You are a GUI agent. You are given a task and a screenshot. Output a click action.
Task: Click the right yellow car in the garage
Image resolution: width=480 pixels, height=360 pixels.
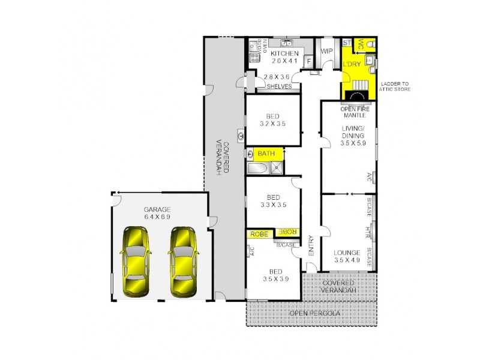(x=182, y=263)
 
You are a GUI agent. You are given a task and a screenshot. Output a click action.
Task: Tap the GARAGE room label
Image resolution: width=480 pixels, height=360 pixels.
(x=158, y=209)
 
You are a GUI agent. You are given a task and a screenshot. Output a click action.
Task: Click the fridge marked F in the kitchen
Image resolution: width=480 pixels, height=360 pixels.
(x=309, y=61)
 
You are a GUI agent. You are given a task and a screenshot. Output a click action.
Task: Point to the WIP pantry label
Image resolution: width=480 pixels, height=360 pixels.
(x=327, y=51)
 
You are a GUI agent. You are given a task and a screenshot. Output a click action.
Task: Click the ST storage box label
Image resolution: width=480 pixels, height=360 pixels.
(x=346, y=43)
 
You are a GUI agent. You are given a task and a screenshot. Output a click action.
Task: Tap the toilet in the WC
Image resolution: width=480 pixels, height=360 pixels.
(x=371, y=44)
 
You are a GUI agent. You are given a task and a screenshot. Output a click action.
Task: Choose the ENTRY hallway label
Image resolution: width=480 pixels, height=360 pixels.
(x=311, y=246)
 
